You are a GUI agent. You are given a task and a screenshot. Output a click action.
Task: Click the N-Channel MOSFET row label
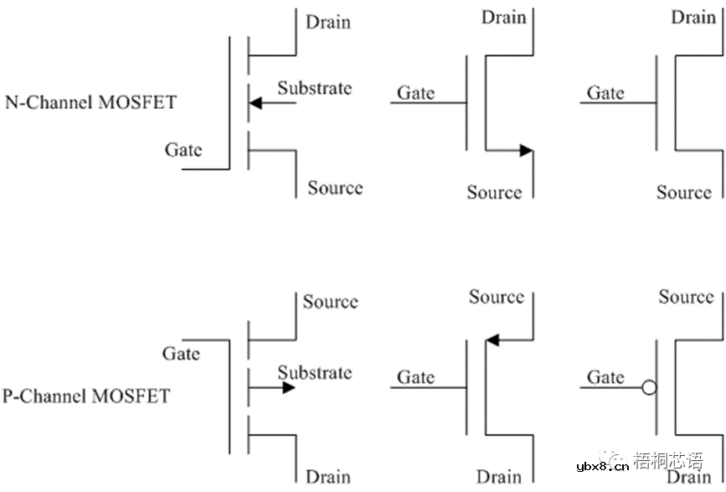click(x=90, y=103)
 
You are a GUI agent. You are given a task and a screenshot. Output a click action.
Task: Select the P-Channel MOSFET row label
click(x=86, y=395)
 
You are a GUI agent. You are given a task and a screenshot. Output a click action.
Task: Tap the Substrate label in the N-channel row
click(x=315, y=88)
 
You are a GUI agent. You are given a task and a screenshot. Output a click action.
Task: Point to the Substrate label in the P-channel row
click(x=315, y=372)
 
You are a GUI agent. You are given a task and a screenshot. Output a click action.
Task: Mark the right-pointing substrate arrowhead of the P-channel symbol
click(x=288, y=387)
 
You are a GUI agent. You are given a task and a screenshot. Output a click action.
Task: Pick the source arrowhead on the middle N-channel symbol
click(x=525, y=151)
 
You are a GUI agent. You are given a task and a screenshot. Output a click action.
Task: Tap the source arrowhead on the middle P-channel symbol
click(x=492, y=339)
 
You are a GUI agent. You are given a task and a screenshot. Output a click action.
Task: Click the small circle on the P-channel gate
click(x=648, y=388)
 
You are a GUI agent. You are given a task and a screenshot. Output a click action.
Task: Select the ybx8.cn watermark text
click(x=599, y=466)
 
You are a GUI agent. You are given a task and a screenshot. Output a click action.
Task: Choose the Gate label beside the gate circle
click(x=605, y=377)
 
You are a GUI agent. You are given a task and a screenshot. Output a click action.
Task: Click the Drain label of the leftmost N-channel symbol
click(x=328, y=22)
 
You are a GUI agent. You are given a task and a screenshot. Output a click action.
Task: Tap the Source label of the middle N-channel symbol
click(x=494, y=192)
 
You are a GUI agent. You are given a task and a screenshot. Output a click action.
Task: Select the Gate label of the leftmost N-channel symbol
click(x=183, y=149)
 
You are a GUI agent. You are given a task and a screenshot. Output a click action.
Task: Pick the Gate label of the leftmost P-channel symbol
click(x=182, y=354)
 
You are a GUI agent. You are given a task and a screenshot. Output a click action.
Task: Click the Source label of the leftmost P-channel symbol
click(x=330, y=302)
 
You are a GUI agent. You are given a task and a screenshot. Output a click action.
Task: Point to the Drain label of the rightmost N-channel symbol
click(x=694, y=17)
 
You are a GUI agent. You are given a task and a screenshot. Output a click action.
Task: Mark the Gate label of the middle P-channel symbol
click(x=416, y=377)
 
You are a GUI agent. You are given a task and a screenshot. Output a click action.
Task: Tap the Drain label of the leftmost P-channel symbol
click(x=328, y=476)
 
